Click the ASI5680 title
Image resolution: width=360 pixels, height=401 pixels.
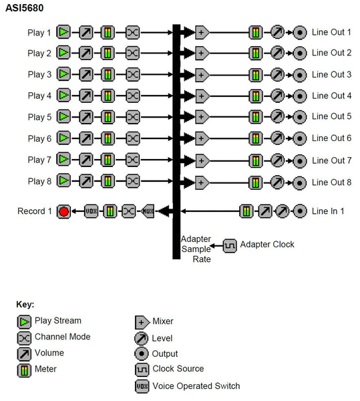click(25, 9)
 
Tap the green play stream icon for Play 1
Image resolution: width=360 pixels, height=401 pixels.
click(63, 32)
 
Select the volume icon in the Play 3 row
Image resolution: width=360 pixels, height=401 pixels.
click(86, 74)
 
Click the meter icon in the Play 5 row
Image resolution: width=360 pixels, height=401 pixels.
click(108, 117)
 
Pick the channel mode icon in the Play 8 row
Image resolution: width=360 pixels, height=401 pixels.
click(133, 181)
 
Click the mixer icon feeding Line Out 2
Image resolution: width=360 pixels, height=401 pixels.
click(201, 53)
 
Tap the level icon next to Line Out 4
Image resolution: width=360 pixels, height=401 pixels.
click(277, 96)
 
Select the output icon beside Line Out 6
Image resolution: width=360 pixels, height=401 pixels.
click(300, 138)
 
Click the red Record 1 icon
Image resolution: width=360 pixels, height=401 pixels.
click(63, 212)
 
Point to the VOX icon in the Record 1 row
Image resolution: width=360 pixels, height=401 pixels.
click(92, 212)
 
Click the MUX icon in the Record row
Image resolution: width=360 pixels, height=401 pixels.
click(148, 212)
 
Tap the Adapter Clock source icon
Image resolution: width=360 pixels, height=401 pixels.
click(230, 245)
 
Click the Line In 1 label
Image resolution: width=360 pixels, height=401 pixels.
click(329, 212)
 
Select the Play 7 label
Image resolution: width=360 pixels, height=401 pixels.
click(39, 160)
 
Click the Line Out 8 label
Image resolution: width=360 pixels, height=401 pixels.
click(331, 182)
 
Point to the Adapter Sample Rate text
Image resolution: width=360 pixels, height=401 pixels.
click(196, 249)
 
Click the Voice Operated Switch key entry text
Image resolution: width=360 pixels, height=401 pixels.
click(196, 386)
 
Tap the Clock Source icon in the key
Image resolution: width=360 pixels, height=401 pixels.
click(142, 369)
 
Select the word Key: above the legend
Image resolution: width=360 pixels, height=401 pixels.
click(25, 305)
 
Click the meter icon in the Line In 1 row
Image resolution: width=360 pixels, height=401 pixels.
click(246, 212)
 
